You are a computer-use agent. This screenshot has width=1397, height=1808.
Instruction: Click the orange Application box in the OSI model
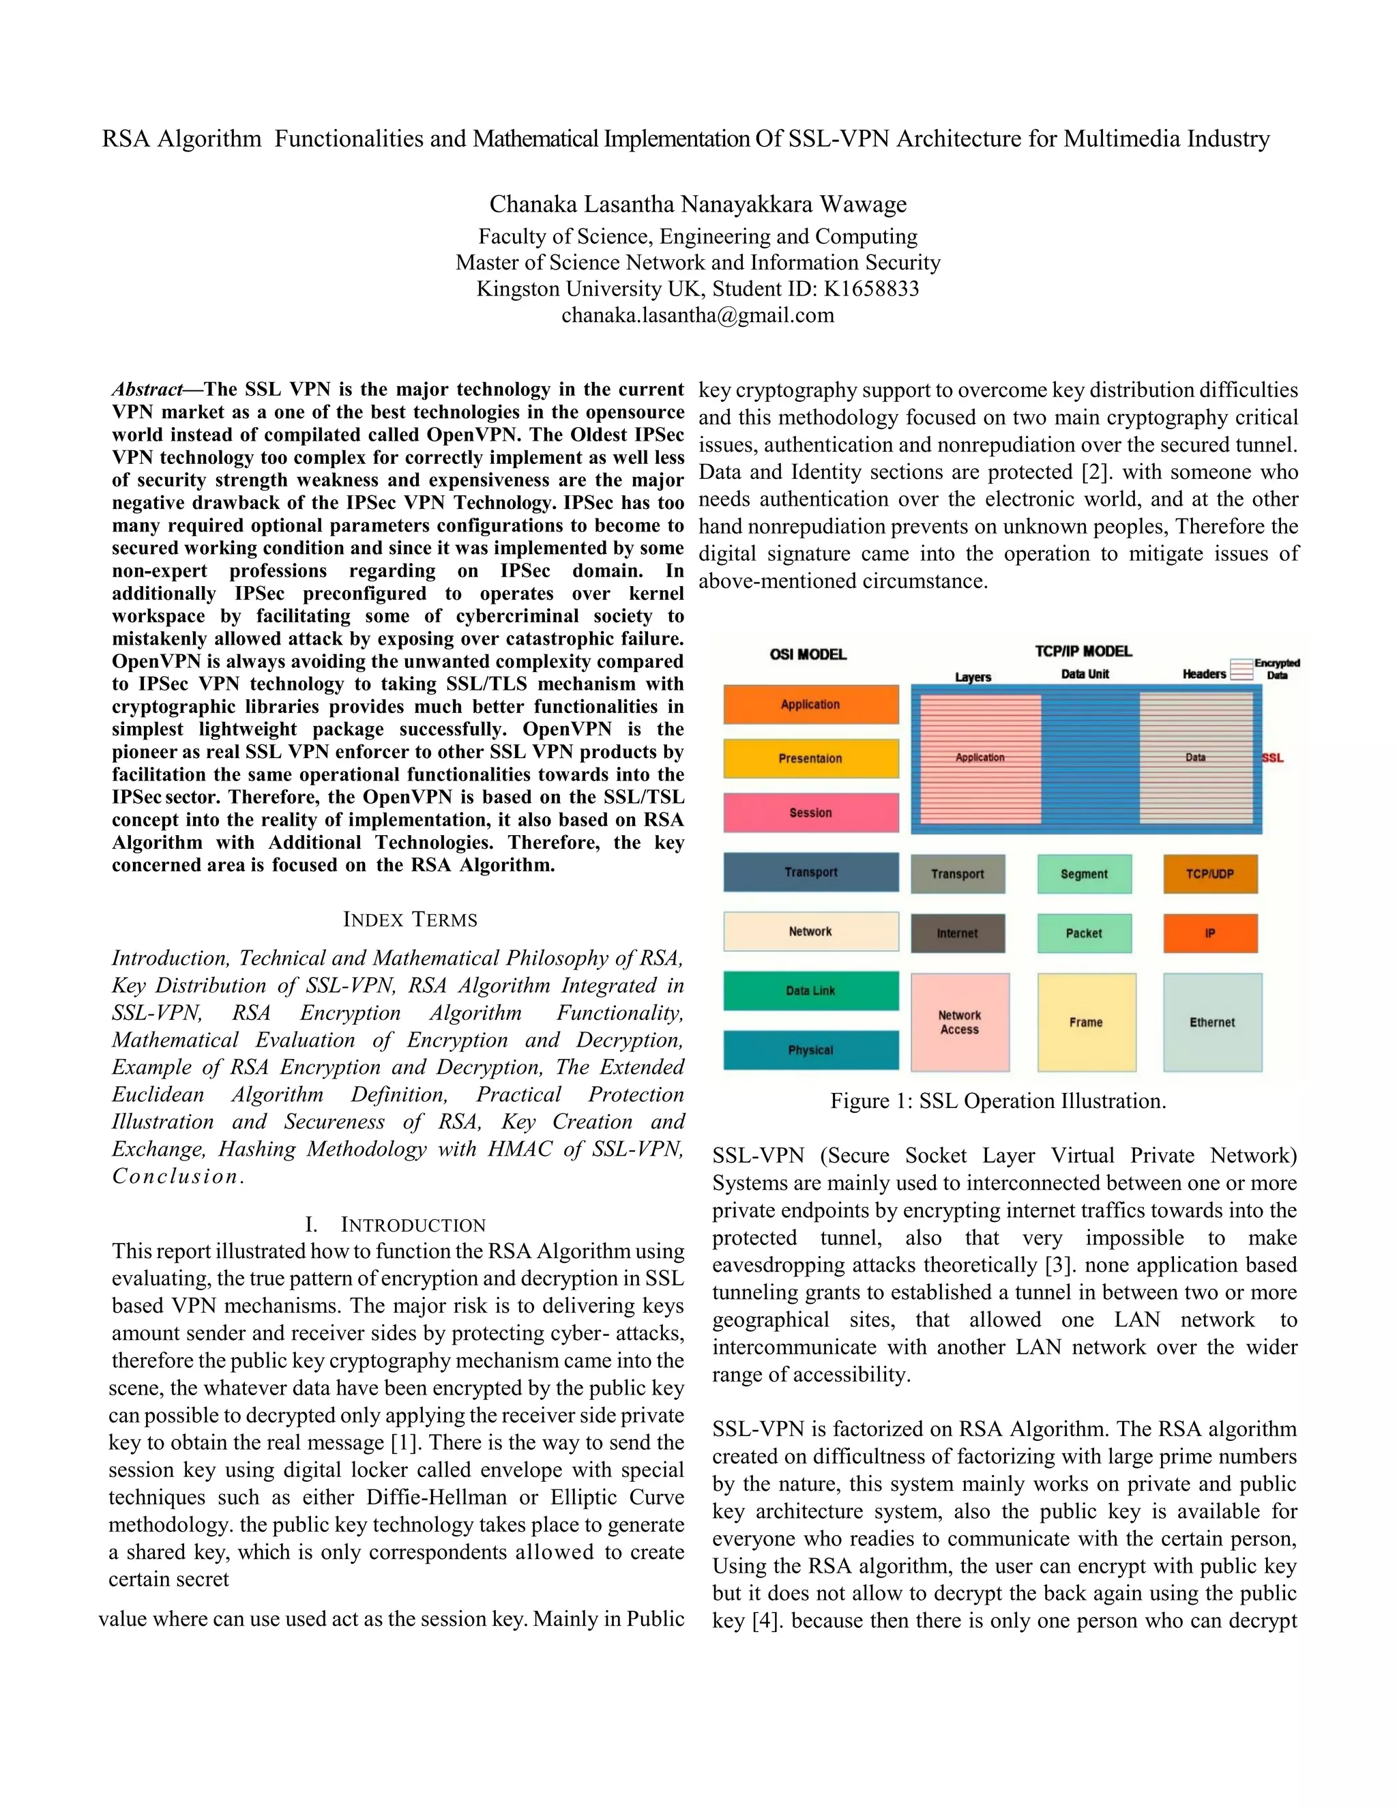810,705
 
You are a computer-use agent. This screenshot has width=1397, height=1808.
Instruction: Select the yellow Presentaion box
810,758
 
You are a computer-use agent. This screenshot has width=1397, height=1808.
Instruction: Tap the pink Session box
810,813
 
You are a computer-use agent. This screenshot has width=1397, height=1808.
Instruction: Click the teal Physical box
810,1050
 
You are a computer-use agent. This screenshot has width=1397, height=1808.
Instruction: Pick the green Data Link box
810,991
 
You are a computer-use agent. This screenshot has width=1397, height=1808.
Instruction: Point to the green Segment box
1083,874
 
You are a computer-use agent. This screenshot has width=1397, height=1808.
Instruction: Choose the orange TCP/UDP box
1209,874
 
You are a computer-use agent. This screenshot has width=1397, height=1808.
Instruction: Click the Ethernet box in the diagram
1211,1023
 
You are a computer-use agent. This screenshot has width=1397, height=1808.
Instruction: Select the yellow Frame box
1086,1023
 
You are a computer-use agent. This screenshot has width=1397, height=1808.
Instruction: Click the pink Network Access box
959,1023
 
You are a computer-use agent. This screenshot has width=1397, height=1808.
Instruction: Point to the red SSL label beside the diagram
1272,758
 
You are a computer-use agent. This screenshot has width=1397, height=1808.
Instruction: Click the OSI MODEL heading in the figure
808,655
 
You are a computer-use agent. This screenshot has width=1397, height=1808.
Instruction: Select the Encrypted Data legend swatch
1241,669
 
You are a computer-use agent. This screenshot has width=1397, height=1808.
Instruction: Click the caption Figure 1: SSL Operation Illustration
998,1101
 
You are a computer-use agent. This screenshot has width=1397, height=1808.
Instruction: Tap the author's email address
698,315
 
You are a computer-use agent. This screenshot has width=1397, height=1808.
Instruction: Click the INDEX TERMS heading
410,920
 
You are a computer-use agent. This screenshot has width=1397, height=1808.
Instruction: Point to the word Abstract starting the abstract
147,390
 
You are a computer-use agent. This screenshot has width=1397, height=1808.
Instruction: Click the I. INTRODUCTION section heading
395,1225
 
